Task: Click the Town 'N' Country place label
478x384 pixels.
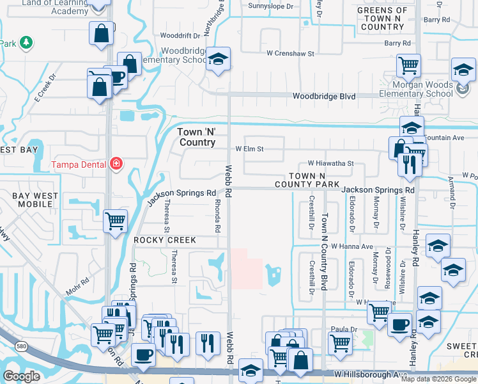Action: click(196, 137)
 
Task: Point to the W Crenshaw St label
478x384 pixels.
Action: click(290, 54)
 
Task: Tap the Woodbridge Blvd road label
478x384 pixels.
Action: click(323, 96)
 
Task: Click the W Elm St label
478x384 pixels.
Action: click(249, 149)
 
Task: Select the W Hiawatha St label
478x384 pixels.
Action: click(330, 164)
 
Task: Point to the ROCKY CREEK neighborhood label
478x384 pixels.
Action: click(159, 239)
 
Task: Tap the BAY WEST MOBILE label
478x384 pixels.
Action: click(29, 200)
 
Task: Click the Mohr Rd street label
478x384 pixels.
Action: click(77, 289)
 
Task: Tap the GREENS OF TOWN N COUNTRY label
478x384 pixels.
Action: click(382, 19)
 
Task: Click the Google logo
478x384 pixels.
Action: click(21, 376)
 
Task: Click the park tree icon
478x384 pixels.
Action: click(26, 42)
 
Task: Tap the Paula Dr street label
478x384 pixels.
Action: click(343, 329)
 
